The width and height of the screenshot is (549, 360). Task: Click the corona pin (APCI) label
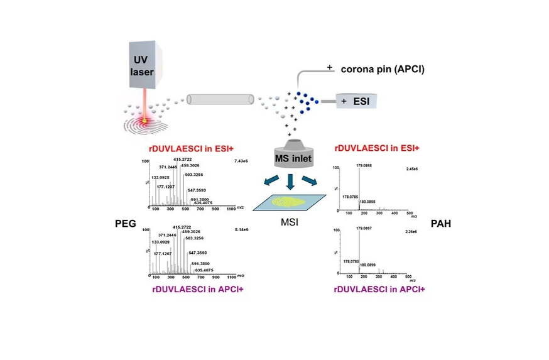click(382, 69)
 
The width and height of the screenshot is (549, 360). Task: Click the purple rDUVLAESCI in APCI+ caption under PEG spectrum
click(197, 289)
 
